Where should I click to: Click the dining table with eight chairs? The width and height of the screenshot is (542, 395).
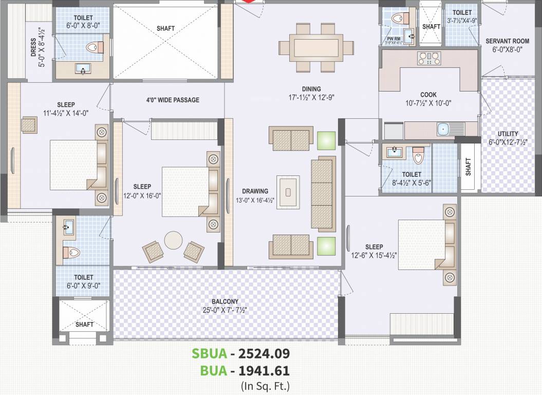[x=316, y=47]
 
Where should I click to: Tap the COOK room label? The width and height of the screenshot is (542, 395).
[x=428, y=95]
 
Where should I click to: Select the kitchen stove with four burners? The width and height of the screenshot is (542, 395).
[x=429, y=59]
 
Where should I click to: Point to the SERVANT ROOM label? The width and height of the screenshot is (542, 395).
[x=507, y=41]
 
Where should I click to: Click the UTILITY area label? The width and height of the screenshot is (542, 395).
[x=508, y=134]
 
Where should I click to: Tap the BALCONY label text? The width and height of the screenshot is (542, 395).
[x=225, y=301]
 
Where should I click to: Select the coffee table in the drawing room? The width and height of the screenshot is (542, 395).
[x=288, y=192]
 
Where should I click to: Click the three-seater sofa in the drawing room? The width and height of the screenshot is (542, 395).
[x=323, y=193]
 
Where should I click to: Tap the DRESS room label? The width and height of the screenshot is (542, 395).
[x=33, y=51]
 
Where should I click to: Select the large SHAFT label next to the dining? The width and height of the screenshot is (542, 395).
[x=165, y=28]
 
